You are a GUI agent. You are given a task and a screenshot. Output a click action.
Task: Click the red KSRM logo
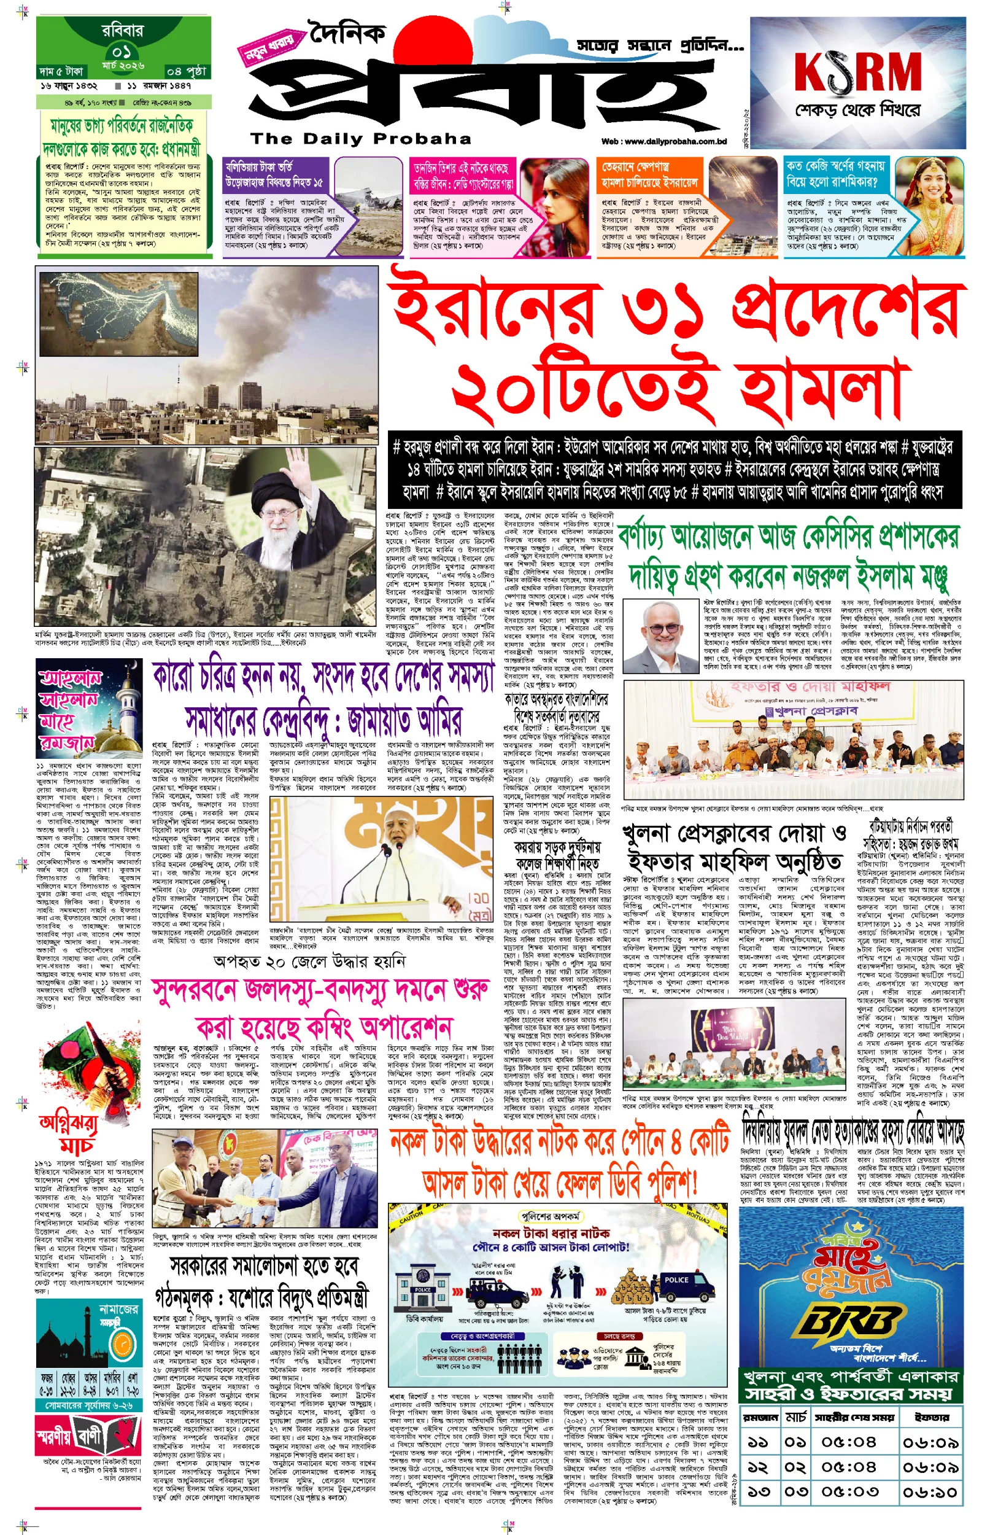857,72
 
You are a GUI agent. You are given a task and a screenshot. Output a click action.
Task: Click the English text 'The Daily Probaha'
361,138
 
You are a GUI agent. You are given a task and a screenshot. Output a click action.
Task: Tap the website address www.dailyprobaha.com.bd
664,142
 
